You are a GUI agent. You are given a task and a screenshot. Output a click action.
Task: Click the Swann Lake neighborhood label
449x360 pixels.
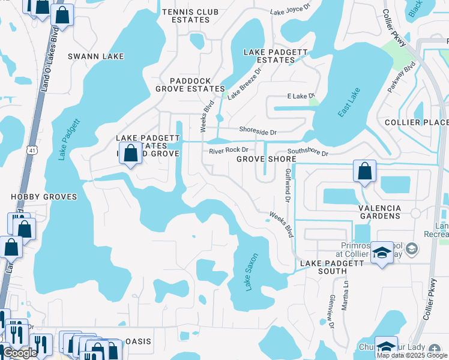coord(96,56)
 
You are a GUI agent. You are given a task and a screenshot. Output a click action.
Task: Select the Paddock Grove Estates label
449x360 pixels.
coord(190,85)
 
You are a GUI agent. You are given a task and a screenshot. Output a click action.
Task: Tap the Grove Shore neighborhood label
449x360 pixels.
coord(266,159)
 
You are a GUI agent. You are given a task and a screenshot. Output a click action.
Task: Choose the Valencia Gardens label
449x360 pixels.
coord(379,211)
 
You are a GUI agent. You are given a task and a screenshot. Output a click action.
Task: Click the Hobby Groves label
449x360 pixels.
coord(44,197)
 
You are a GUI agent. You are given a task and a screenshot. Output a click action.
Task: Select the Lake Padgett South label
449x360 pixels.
coord(332,263)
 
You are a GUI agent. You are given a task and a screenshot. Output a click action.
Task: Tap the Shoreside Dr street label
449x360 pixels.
coord(258,131)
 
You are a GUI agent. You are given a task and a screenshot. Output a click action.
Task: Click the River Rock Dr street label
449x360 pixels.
coord(228,151)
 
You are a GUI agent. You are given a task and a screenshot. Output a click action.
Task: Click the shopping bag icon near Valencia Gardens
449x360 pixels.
coord(364,171)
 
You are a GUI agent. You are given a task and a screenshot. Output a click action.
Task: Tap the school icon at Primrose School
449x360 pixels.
coord(382,253)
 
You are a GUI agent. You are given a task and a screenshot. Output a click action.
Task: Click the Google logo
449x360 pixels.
coord(20,353)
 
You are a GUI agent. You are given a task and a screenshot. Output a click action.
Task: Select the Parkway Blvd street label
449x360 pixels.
coord(402,76)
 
